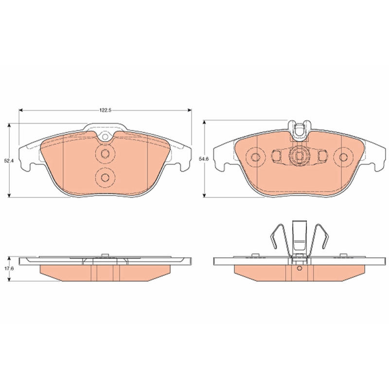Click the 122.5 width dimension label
105,110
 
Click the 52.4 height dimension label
9,160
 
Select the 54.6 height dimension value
204,159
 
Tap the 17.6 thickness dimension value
9,269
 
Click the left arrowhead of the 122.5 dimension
21,110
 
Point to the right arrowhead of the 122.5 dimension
190,110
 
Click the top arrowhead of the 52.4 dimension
9,125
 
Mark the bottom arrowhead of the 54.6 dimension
204,195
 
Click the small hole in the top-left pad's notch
105,137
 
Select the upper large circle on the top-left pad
105,154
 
